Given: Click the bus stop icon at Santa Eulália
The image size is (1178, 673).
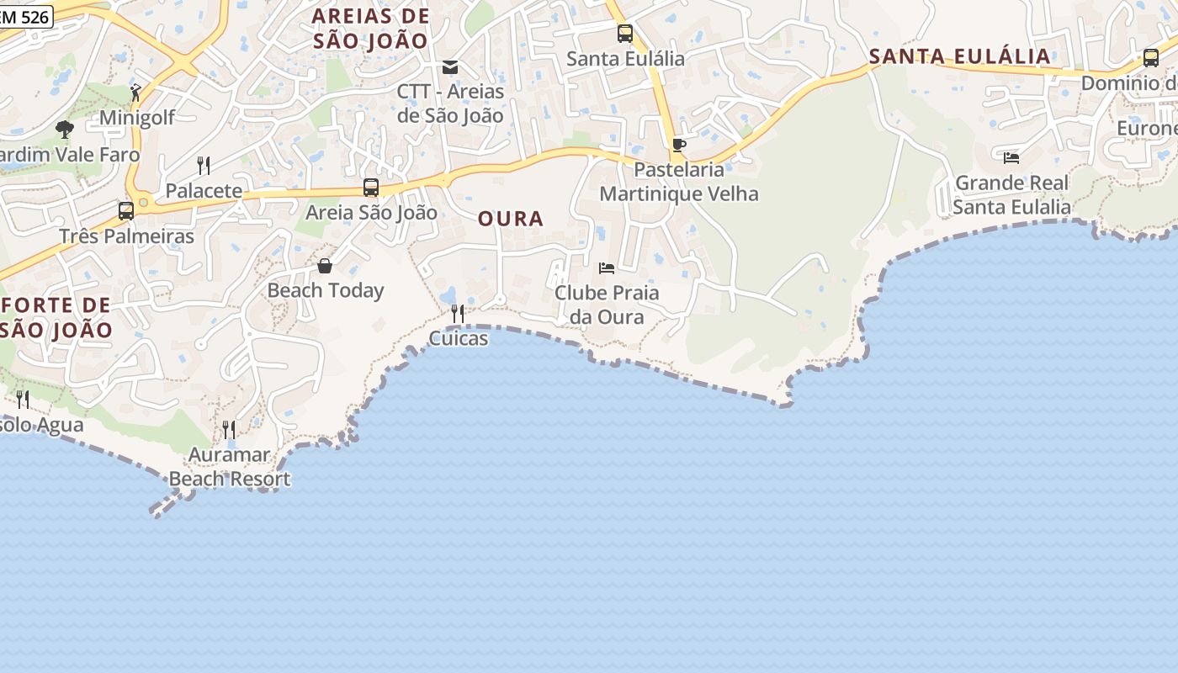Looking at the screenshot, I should tap(624, 34).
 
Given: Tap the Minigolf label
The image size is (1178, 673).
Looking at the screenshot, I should tap(136, 118).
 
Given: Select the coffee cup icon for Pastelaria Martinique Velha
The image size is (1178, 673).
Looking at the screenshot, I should tap(678, 146).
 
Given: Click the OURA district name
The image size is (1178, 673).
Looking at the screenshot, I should tap(511, 219).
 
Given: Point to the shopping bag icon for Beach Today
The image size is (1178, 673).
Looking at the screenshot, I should tap(325, 267).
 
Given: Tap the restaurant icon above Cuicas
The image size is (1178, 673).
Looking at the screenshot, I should tap(458, 314).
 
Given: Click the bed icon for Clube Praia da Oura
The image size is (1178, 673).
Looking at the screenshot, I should tap(607, 268).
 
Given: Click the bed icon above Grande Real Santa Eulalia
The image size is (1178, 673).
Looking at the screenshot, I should tap(1011, 157).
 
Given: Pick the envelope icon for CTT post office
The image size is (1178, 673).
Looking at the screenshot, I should tap(450, 67).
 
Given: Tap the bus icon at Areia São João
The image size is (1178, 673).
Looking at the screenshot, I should tap(370, 188).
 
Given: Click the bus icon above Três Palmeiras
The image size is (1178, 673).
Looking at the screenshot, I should tap(126, 211).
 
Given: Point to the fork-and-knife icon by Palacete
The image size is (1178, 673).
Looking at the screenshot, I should tap(203, 165).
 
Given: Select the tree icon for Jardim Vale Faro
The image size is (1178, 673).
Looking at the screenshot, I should tap(65, 130).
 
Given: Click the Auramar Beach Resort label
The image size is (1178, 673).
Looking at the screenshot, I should tap(229, 467).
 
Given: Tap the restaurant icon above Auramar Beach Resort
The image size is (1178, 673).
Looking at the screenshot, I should tap(228, 430).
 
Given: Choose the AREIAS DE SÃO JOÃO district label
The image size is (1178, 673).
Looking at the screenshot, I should tap(370, 28).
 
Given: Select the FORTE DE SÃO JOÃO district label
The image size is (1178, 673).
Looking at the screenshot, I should tap(56, 317).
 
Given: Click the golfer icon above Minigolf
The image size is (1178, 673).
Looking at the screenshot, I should tap(136, 92).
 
